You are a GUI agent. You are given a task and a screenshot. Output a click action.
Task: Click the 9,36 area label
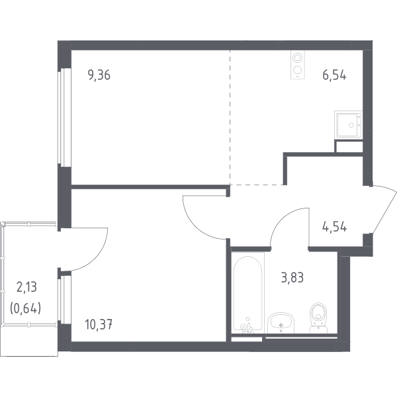coord(99,75)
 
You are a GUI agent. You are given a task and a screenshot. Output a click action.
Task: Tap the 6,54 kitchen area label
coord(334,75)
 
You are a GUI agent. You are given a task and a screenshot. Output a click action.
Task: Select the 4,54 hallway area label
coord(334,227)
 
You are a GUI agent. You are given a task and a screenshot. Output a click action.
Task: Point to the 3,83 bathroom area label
coord(292,277)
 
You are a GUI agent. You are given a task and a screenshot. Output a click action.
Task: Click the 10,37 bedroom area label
coord(99,325)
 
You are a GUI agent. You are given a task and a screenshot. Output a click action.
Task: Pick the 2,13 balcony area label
coord(26,287)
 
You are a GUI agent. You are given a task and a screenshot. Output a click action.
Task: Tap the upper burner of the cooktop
coord(298,58)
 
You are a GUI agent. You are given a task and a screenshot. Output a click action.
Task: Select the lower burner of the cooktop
coord(298,69)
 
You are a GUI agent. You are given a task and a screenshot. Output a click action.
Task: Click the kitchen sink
coord(349,124)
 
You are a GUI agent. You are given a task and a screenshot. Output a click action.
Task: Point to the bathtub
coord(247,294)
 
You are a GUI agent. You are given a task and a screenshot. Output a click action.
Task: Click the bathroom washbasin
coord(281,323)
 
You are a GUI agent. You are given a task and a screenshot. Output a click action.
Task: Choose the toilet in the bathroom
coord(318,318)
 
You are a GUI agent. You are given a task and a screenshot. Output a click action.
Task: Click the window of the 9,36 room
coord(64,117)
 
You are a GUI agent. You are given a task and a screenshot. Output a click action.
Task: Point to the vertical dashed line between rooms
coord(230,118)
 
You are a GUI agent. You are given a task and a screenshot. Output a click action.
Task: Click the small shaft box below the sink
coord(349,147)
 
